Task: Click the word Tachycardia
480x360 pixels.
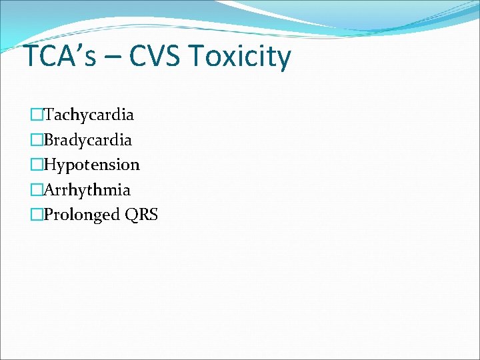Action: click(89, 115)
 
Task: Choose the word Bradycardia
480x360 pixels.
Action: click(87, 140)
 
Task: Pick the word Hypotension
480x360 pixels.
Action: click(91, 165)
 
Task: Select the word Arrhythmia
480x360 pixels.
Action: click(87, 190)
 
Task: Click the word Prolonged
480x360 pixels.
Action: click(81, 215)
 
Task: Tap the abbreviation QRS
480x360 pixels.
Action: click(140, 215)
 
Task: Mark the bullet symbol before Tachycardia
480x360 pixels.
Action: click(36, 115)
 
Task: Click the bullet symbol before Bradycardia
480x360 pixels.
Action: click(36, 140)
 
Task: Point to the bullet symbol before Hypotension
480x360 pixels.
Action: click(36, 165)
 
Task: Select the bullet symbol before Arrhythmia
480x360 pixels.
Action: click(36, 190)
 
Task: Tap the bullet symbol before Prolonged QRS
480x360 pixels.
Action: click(36, 215)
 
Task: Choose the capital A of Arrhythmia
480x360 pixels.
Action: click(49, 190)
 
